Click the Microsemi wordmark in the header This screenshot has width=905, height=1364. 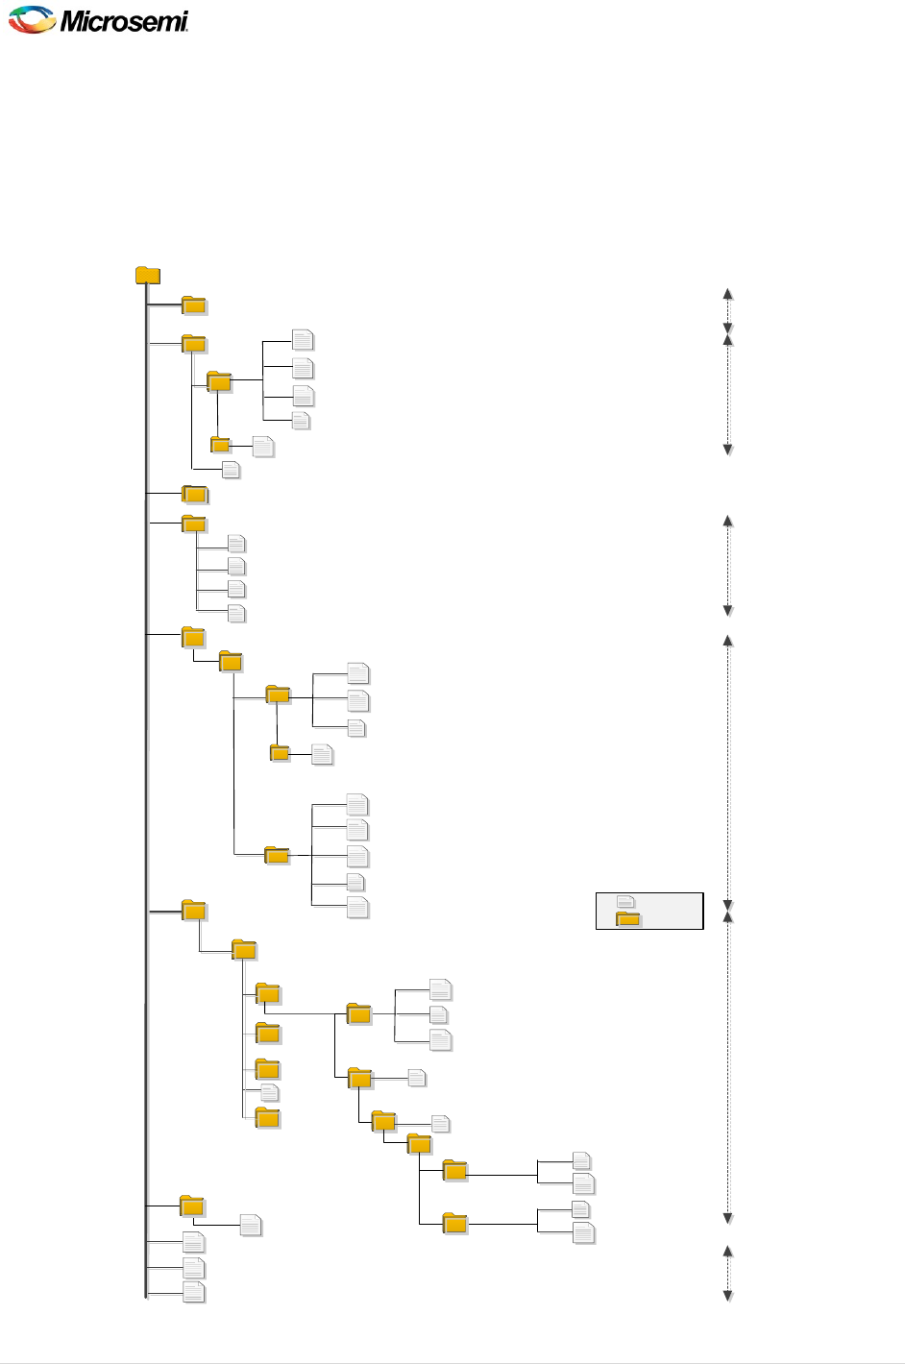click(x=124, y=20)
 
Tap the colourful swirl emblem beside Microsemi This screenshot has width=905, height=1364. click(x=32, y=19)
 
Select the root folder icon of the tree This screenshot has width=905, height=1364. click(x=147, y=276)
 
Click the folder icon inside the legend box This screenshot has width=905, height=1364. click(x=628, y=919)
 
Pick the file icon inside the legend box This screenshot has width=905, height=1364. click(x=625, y=902)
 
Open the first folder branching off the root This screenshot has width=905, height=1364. click(x=194, y=305)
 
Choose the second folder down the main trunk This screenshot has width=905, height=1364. click(x=194, y=344)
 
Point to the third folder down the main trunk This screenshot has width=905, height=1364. click(x=195, y=495)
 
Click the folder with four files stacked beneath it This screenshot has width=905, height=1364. click(x=194, y=524)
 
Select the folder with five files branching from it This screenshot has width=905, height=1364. click(x=277, y=855)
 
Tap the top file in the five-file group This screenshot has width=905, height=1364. click(x=357, y=804)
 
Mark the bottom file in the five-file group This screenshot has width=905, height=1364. click(x=357, y=907)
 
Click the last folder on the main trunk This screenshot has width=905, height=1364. click(x=192, y=1206)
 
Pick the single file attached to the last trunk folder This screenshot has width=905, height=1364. click(x=251, y=1226)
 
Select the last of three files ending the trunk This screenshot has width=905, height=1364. click(x=194, y=1292)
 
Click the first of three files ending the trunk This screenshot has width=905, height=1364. click(x=194, y=1242)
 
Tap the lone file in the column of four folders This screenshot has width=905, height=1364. click(x=270, y=1093)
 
